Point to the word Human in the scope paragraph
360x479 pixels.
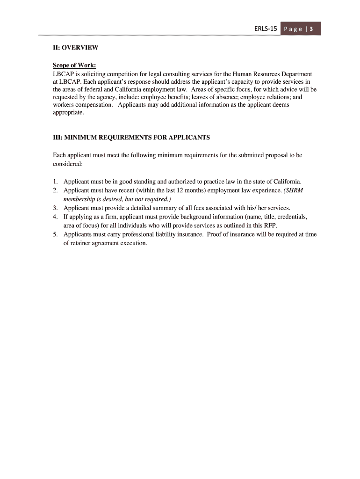pos(242,74)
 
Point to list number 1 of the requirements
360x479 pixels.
pos(55,181)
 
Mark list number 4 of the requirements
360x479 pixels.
pos(55,217)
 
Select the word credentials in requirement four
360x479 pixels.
pos(290,217)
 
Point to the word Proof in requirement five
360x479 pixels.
pos(216,234)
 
